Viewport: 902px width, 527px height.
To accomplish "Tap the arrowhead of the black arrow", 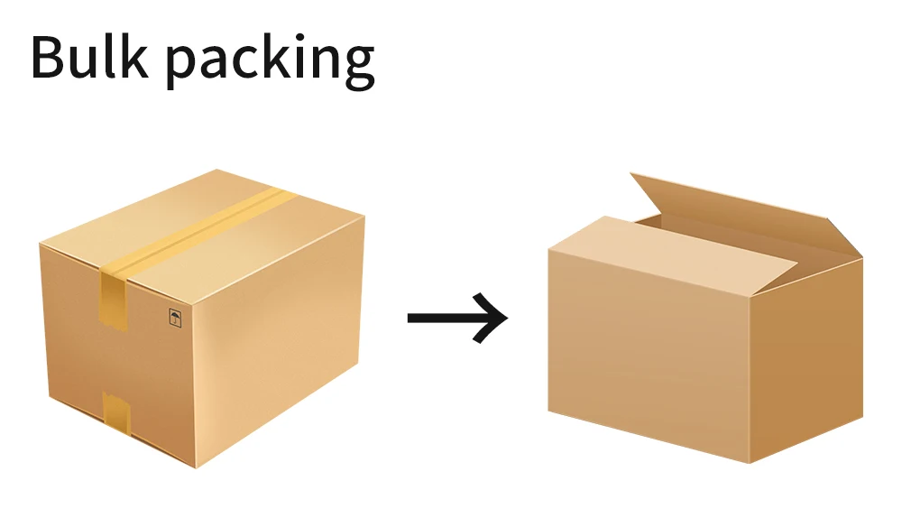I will pyautogui.click(x=494, y=318).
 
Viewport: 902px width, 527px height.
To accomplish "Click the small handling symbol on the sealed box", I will pyautogui.click(x=175, y=317).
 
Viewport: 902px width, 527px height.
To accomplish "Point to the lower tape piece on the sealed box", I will pyautogui.click(x=116, y=412).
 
